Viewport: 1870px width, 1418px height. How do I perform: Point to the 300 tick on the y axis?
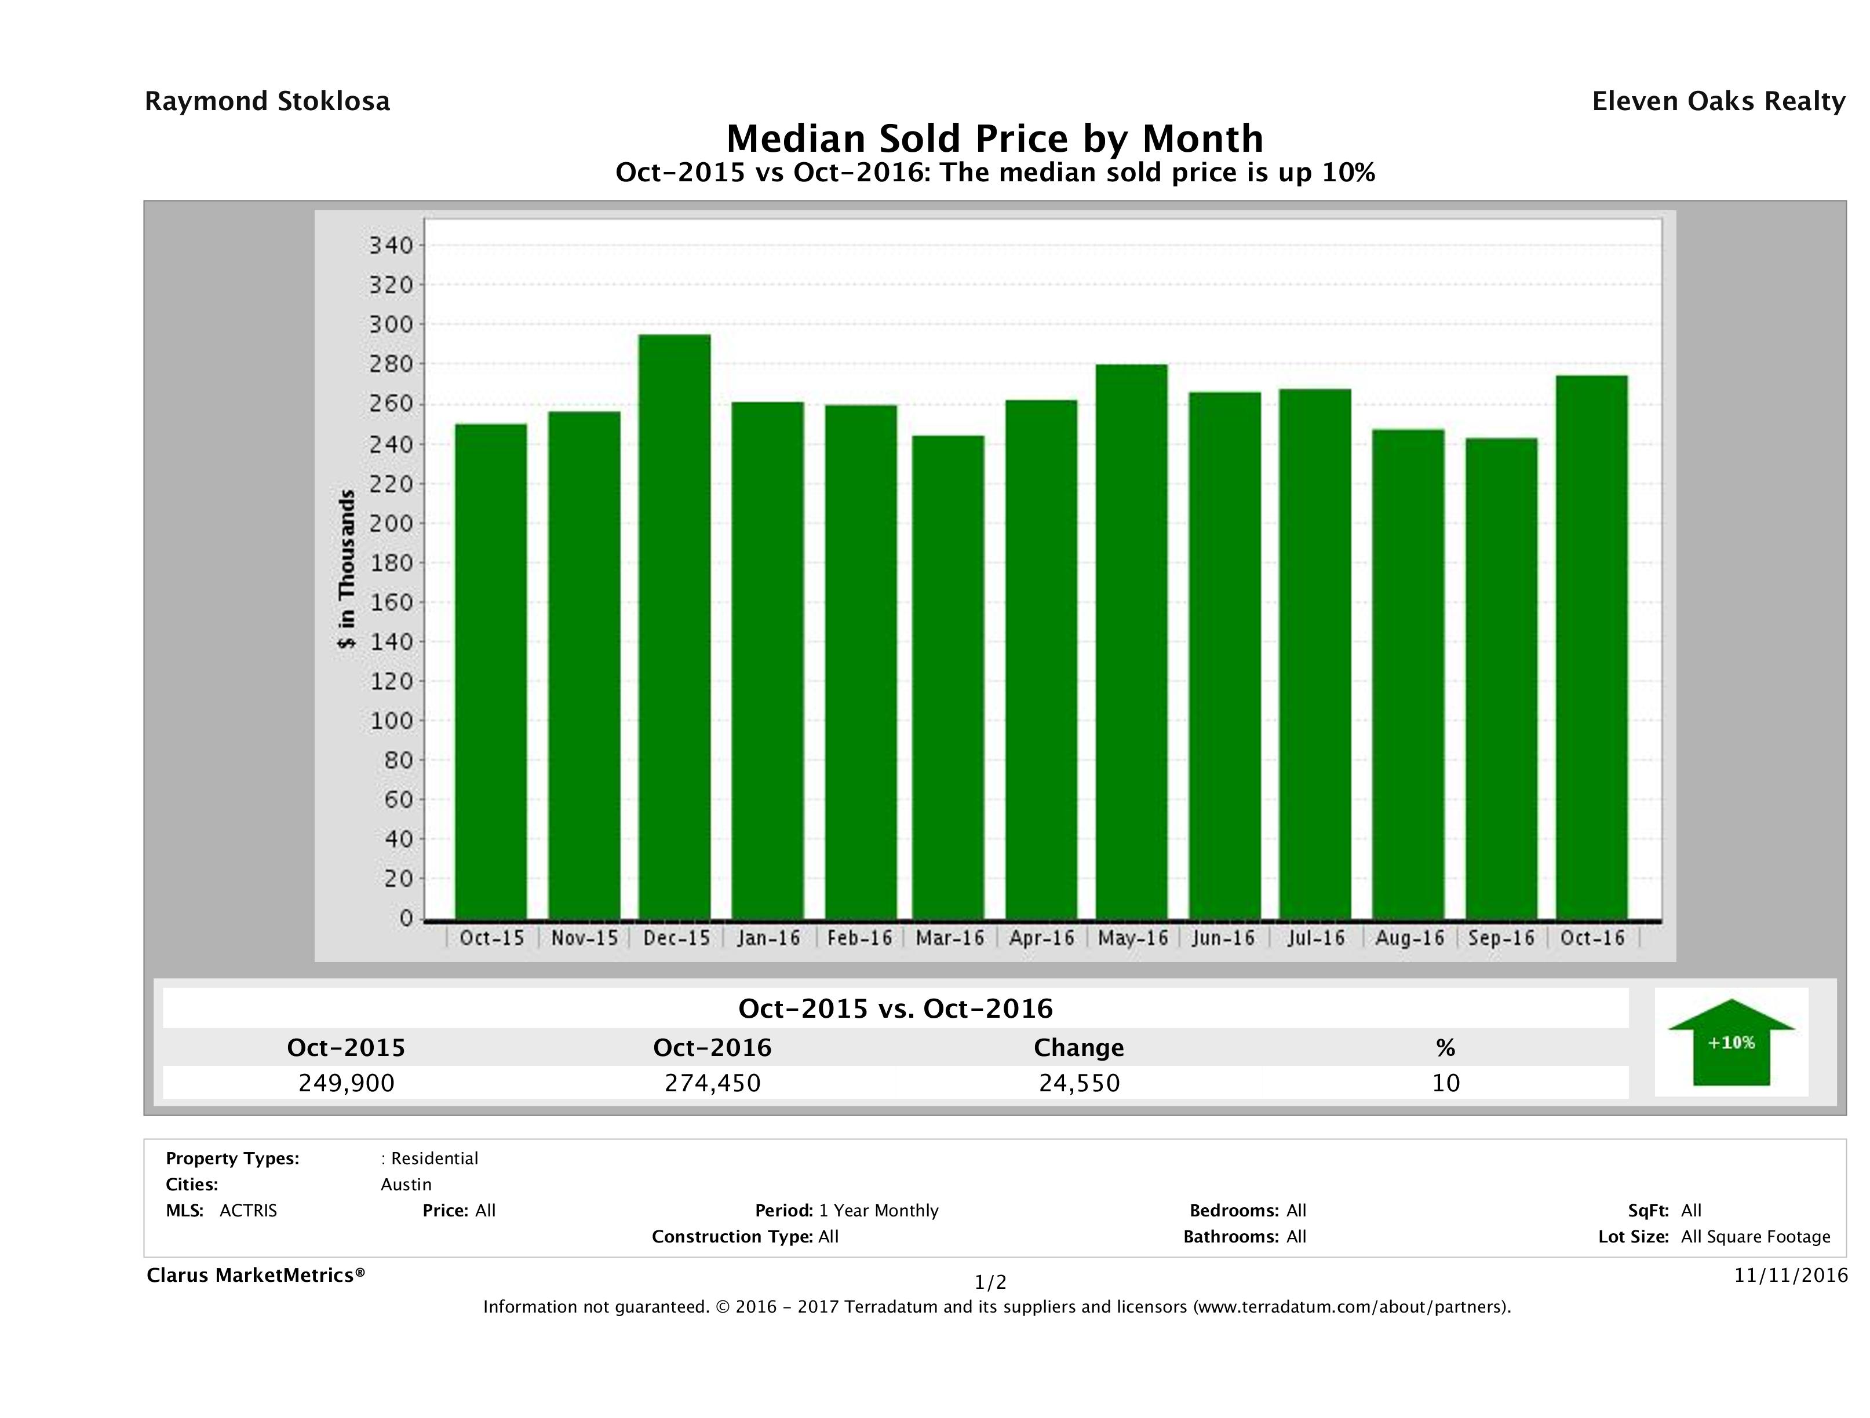pos(391,324)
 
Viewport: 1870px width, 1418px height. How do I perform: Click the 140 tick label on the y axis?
pos(391,641)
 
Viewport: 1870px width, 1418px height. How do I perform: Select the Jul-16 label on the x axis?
pos(1316,938)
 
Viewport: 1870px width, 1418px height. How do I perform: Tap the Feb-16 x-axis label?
pos(860,938)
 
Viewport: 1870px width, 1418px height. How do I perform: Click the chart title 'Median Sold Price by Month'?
pos(995,138)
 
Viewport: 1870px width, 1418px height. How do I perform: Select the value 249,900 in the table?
pos(347,1083)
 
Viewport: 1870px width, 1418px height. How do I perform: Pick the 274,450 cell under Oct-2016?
pos(713,1083)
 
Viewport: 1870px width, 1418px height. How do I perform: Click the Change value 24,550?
pos(1080,1083)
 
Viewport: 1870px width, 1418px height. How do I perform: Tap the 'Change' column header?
pos(1079,1048)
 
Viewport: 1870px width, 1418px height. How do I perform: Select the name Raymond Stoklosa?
pos(267,101)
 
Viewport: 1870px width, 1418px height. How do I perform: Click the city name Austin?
pos(406,1185)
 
